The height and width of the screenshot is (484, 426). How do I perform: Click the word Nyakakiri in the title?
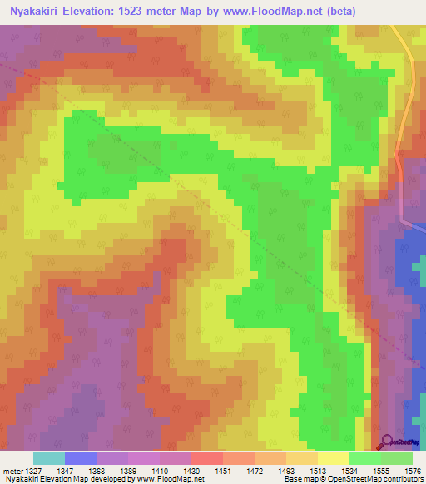tap(32, 11)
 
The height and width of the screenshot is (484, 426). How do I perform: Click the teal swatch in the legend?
tap(48, 458)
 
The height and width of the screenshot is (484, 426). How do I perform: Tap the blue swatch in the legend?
tap(80, 458)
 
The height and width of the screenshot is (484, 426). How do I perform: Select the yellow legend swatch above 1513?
tap(333, 458)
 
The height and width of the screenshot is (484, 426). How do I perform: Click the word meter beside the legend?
tap(12, 470)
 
